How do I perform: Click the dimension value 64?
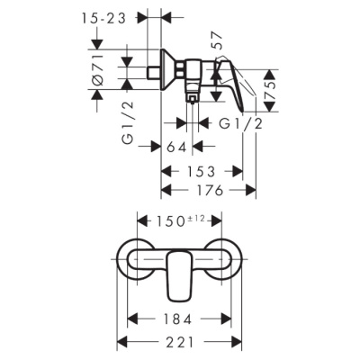[176, 146]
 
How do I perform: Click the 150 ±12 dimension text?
[180, 220]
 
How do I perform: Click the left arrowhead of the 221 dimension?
[123, 343]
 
